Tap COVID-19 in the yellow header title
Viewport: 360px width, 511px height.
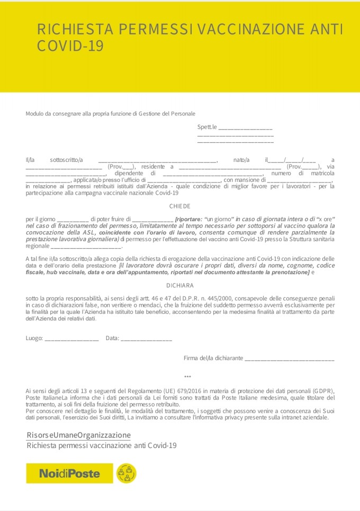[x=70, y=46]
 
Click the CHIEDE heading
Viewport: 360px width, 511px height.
[x=180, y=206]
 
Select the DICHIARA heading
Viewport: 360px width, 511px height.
[x=180, y=286]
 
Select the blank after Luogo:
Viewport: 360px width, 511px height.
[x=71, y=339]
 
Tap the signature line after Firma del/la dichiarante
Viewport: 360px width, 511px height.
[x=290, y=359]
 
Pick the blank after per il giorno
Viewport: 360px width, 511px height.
[x=73, y=220]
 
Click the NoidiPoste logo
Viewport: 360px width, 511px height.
[x=69, y=473]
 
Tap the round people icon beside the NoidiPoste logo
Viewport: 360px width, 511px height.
[x=127, y=473]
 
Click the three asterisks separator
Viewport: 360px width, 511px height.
[x=187, y=377]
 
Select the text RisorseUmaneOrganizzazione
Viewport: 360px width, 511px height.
[x=78, y=435]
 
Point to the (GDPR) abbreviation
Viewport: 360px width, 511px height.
[x=323, y=391]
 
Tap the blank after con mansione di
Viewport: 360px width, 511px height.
[x=300, y=180]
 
